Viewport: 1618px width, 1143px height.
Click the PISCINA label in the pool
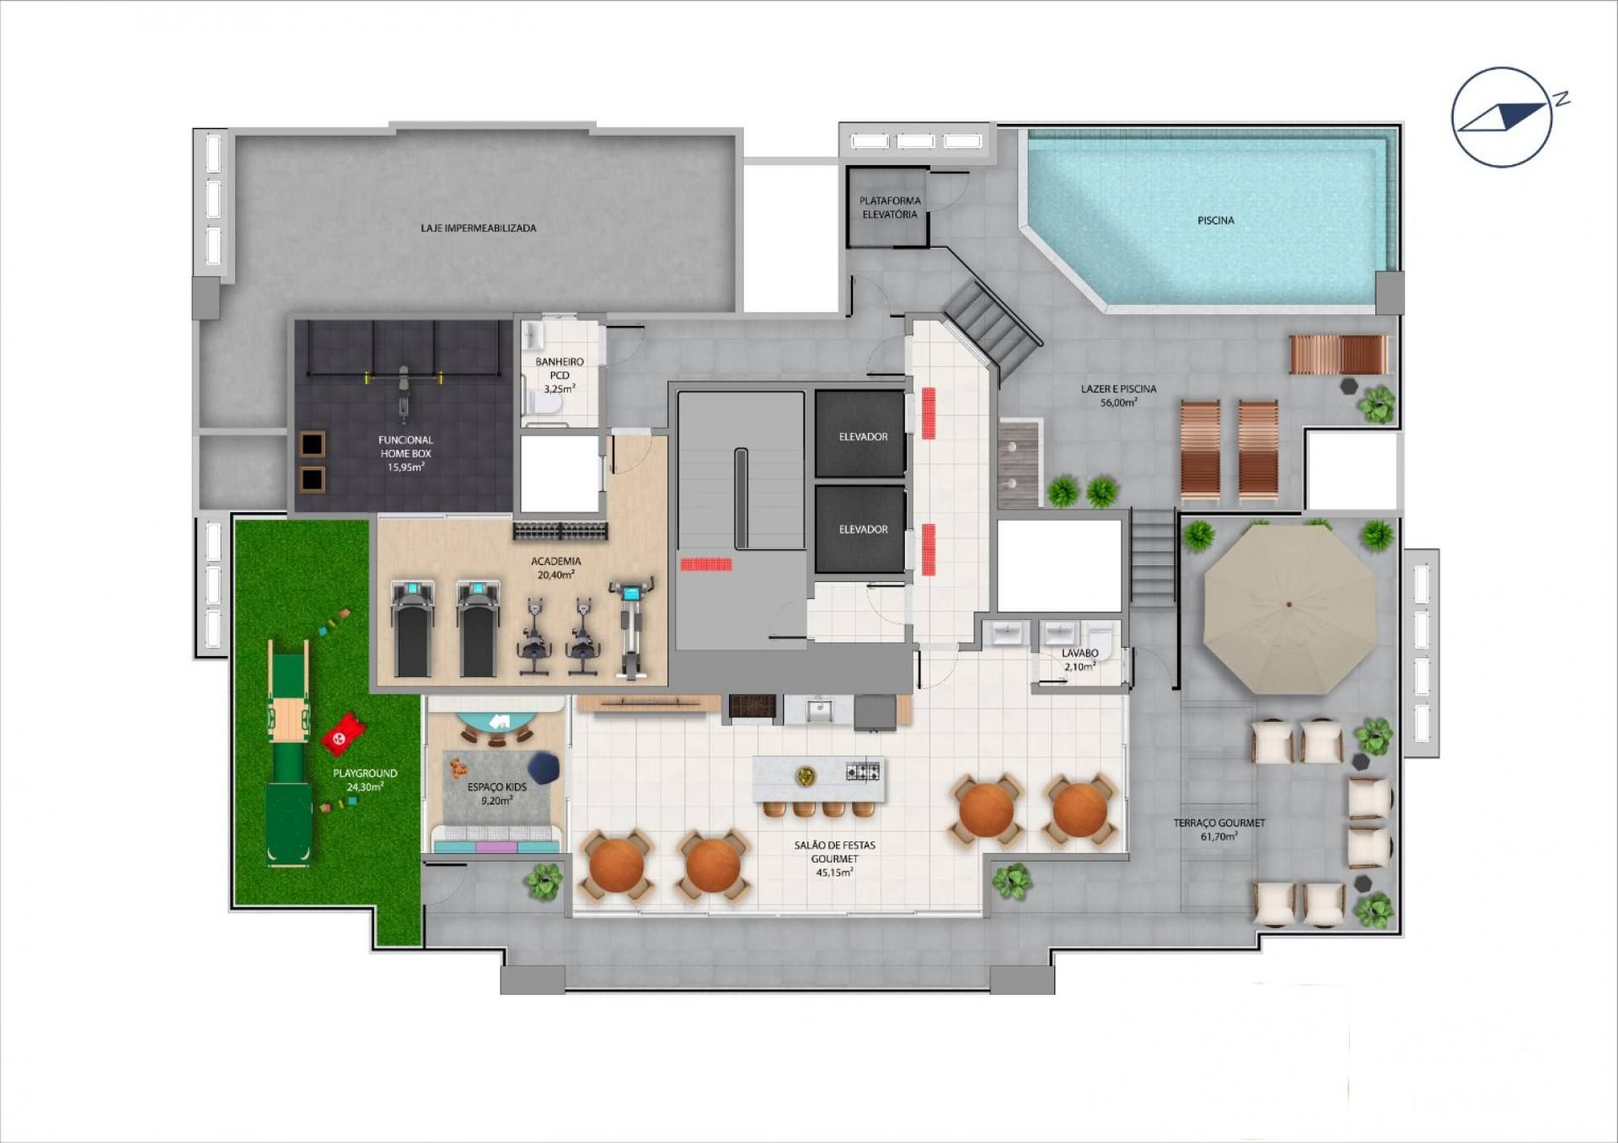click(x=1215, y=221)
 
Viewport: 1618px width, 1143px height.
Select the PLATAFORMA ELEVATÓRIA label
click(x=890, y=207)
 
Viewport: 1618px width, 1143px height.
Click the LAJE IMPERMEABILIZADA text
click(x=479, y=228)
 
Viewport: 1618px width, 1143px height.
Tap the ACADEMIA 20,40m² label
click(x=556, y=568)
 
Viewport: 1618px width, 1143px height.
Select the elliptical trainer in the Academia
click(x=631, y=628)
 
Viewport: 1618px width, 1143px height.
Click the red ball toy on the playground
click(x=342, y=734)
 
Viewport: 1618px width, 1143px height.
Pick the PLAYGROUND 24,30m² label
click(x=365, y=780)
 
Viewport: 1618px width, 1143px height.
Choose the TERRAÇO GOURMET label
click(x=1219, y=830)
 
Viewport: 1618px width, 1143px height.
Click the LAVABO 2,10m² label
click(x=1080, y=660)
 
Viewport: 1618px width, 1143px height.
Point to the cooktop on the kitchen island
click(x=863, y=771)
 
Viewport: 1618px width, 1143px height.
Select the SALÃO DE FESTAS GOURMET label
click(x=834, y=858)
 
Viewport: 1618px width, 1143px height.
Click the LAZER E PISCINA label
click(x=1119, y=396)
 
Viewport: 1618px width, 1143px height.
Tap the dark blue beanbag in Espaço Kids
click(x=544, y=768)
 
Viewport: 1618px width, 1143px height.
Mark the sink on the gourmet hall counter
click(x=818, y=710)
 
